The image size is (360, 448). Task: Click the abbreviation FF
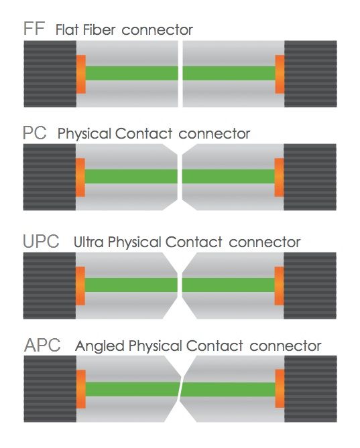(34, 28)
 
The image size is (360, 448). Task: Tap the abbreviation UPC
(41, 242)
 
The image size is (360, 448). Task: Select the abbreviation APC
(42, 345)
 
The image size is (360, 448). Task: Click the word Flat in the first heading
(67, 29)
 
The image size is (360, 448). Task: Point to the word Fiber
(99, 29)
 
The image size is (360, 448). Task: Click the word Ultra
(88, 242)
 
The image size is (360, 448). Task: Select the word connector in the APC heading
(286, 346)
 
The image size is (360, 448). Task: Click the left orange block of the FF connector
(81, 74)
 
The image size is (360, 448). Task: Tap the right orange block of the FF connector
(280, 74)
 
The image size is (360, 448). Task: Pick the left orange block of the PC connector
(80, 177)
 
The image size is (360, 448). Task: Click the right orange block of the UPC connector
(279, 286)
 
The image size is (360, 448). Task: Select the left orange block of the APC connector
(81, 389)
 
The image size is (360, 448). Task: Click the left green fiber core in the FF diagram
(132, 74)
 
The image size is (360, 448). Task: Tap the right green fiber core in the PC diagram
(228, 177)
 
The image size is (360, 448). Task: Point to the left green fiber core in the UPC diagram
(131, 285)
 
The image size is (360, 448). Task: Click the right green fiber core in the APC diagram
(228, 390)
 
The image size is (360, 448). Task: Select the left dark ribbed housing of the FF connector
(50, 74)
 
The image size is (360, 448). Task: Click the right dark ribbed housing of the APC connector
(310, 389)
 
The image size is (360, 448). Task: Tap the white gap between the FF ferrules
(180, 74)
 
